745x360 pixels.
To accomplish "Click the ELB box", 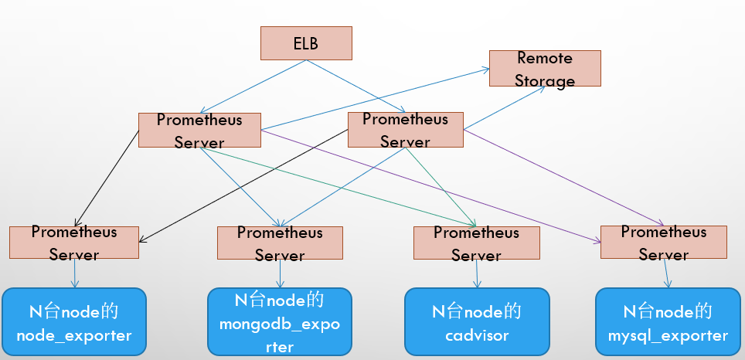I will (x=305, y=43).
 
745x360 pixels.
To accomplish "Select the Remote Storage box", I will (x=545, y=69).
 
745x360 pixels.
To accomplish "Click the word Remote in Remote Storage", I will (x=545, y=58).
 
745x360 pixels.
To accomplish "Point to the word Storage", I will (x=545, y=80).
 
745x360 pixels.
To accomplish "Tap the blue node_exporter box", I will (x=73, y=321).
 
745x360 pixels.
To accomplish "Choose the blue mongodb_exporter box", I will (x=280, y=321).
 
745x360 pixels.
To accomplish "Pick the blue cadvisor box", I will (x=477, y=321).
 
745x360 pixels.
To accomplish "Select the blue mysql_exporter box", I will (x=668, y=321).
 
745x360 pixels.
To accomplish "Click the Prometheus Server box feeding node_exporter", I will (x=74, y=243).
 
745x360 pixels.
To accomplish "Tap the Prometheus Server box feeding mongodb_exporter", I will (x=280, y=243).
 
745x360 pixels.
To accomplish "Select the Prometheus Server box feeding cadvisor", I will (x=477, y=243).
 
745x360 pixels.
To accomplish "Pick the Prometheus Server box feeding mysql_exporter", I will (x=664, y=242).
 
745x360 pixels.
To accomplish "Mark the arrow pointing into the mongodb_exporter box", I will (x=280, y=273).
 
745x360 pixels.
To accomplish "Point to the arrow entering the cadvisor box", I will (x=476, y=273).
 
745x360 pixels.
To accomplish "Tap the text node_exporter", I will (x=73, y=335).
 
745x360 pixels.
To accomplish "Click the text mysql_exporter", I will (x=668, y=335).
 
